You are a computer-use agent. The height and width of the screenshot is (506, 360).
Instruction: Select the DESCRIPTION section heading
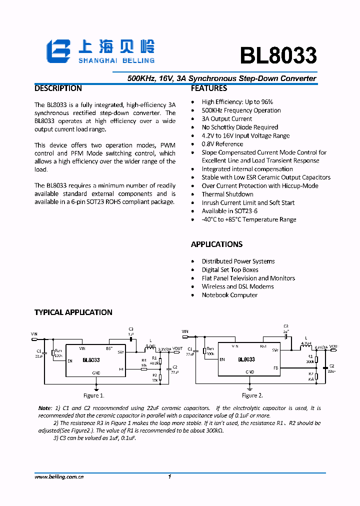(58, 88)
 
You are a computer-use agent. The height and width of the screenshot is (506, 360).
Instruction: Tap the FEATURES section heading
(209, 88)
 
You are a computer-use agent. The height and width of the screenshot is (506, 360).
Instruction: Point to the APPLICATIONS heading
(216, 244)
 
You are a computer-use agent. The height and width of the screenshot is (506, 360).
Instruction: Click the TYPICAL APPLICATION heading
(73, 312)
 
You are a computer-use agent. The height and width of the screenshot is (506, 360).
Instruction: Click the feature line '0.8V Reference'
(222, 144)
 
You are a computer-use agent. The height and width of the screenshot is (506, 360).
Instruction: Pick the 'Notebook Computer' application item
(229, 295)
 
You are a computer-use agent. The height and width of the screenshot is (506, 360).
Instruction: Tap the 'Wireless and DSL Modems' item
(237, 286)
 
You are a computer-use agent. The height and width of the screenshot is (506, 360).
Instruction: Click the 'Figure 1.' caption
(94, 395)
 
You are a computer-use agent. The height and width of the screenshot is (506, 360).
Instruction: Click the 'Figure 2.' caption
(252, 395)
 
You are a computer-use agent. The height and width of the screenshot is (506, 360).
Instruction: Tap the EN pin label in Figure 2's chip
(222, 359)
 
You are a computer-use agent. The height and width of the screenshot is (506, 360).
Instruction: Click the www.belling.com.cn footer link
(59, 477)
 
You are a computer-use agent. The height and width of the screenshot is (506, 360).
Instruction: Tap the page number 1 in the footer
(170, 477)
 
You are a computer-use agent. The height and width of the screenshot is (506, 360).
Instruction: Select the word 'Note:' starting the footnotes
(45, 408)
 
